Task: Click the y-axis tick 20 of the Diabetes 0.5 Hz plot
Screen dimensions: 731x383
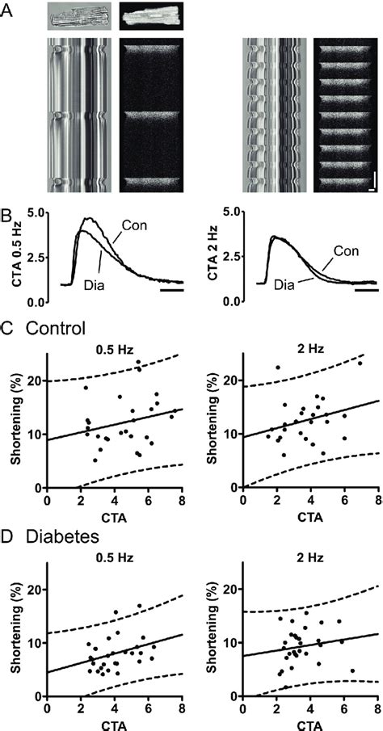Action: pyautogui.click(x=36, y=590)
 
